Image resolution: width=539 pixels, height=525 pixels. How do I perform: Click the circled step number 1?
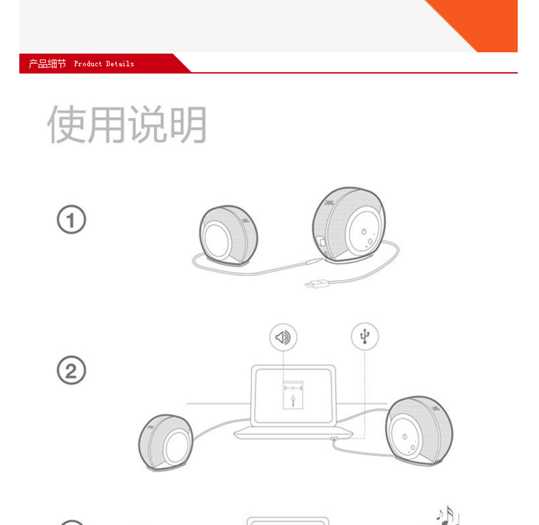[x=71, y=219]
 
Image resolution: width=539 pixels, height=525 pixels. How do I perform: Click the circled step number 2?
[x=71, y=370]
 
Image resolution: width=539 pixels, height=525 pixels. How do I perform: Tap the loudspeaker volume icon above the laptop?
[x=283, y=337]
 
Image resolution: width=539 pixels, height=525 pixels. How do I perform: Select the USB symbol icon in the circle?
[x=365, y=336]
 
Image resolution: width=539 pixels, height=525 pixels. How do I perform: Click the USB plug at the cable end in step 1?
[x=315, y=284]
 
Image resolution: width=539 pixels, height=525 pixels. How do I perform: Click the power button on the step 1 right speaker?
[x=364, y=232]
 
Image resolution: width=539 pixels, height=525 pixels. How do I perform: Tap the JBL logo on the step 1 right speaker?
[x=329, y=203]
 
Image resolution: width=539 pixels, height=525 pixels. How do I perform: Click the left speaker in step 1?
[x=228, y=236]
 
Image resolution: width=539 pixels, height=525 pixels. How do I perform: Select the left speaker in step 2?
[x=166, y=442]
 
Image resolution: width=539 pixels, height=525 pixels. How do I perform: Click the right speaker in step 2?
[x=419, y=430]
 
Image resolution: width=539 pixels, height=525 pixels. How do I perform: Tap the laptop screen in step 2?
[x=293, y=396]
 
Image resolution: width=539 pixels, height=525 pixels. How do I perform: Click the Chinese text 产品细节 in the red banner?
[x=47, y=64]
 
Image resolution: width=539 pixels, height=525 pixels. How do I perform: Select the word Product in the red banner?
[x=88, y=64]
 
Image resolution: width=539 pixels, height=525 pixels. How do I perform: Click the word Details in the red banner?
[x=120, y=64]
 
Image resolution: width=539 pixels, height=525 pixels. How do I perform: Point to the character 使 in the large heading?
[x=67, y=124]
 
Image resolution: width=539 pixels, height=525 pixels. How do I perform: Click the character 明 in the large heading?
[x=188, y=124]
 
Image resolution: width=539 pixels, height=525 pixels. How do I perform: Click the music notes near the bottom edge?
[x=447, y=515]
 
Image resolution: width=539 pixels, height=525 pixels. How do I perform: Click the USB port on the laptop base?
[x=334, y=439]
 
